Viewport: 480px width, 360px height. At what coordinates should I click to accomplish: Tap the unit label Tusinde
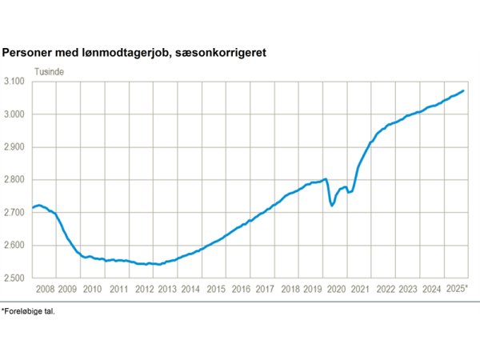click(49, 71)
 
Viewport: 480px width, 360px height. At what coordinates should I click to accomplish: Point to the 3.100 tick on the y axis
click(17, 82)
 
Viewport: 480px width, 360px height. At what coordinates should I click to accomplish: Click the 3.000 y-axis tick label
click(17, 114)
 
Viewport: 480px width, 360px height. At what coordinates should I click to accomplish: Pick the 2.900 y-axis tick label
click(17, 147)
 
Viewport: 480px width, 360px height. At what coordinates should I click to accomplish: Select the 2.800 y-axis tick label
click(17, 180)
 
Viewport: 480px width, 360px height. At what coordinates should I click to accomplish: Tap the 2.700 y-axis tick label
click(17, 213)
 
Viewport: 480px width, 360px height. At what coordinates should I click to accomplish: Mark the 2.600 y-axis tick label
click(17, 246)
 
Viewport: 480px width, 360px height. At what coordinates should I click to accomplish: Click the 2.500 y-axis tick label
click(17, 278)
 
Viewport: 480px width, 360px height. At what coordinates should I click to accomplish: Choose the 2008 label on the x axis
click(45, 288)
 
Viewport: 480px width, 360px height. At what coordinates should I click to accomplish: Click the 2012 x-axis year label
click(143, 288)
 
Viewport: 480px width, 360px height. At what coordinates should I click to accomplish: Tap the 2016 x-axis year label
click(241, 288)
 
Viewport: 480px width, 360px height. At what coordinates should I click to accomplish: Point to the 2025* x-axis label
click(456, 288)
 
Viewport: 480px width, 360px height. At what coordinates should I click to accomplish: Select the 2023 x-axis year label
click(408, 288)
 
